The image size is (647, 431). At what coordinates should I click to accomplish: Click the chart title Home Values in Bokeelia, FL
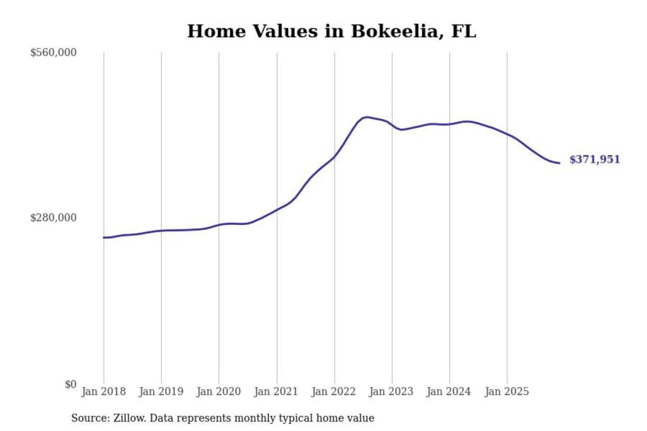click(331, 31)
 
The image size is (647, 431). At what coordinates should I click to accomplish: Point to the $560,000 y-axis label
click(53, 53)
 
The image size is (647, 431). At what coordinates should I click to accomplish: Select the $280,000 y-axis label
click(53, 218)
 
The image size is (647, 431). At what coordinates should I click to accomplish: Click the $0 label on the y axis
click(71, 384)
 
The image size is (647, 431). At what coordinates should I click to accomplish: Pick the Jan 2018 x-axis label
click(103, 391)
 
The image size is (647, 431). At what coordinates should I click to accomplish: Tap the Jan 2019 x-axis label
click(161, 391)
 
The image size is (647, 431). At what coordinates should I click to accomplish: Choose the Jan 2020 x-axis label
click(218, 391)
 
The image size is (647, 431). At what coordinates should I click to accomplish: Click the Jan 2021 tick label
click(276, 391)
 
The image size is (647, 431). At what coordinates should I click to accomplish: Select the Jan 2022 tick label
click(333, 391)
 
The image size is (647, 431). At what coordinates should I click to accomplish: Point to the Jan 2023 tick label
click(391, 391)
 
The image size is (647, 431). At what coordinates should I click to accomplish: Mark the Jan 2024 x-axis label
click(448, 391)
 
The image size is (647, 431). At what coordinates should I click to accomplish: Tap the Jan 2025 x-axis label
click(506, 391)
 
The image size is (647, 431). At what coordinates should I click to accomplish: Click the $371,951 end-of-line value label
click(594, 159)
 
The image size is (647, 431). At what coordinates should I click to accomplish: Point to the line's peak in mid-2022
click(368, 117)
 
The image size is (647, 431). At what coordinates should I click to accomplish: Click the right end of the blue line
click(559, 163)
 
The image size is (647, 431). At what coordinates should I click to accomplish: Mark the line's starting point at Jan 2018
click(104, 237)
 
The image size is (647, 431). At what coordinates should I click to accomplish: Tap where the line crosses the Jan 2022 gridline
click(334, 157)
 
